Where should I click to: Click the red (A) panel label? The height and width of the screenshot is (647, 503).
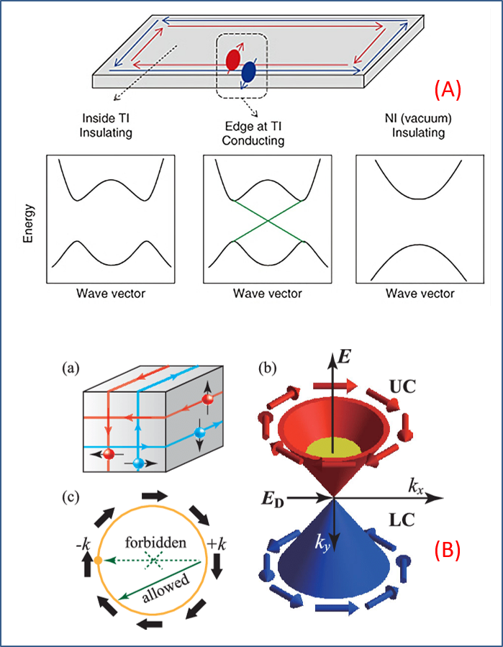click(445, 91)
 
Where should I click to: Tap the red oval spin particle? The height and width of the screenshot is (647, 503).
click(232, 60)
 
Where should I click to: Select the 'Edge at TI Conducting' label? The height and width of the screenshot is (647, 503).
click(253, 134)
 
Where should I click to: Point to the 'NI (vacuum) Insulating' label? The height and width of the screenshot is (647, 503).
click(418, 126)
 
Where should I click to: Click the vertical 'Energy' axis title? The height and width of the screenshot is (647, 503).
click(29, 223)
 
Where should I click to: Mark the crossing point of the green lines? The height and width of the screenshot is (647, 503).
click(268, 221)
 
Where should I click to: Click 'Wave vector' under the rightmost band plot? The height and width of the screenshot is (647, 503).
click(420, 294)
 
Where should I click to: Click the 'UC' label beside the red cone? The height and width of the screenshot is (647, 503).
click(402, 386)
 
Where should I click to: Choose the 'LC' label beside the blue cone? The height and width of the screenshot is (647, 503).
click(402, 521)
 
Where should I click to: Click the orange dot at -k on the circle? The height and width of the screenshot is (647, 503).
click(98, 561)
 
